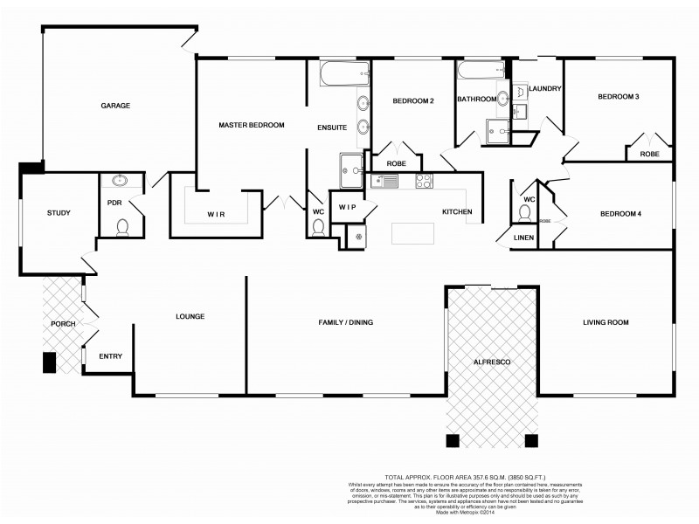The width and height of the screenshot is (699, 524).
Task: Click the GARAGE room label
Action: pos(115,106)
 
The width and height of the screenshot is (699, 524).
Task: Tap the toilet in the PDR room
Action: pos(122,228)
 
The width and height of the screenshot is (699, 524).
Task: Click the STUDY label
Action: pos(59,212)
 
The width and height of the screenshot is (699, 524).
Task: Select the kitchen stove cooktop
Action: pos(424,182)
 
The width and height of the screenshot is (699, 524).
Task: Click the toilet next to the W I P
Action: pos(318,226)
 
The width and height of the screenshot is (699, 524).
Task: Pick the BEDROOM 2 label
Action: pos(413,101)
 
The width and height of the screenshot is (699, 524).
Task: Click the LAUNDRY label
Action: pos(544,89)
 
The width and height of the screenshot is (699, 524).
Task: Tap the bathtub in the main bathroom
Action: pos(481,73)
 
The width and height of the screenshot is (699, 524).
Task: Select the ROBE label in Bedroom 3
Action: pos(649,154)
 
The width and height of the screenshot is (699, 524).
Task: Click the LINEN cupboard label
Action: pos(524,238)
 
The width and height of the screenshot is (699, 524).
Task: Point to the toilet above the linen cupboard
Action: pos(524,212)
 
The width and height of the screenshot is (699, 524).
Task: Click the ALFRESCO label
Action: pos(492,361)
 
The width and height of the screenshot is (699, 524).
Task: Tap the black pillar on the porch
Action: pos(50,362)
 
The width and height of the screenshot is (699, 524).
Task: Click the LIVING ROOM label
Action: pos(606,322)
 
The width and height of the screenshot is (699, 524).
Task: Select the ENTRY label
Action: pos(110,355)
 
